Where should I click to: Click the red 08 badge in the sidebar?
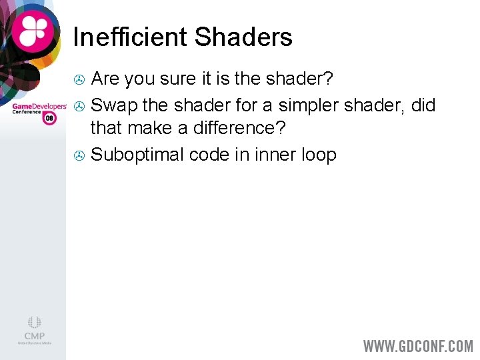tap(49, 118)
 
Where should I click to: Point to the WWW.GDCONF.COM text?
tap(418, 346)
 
